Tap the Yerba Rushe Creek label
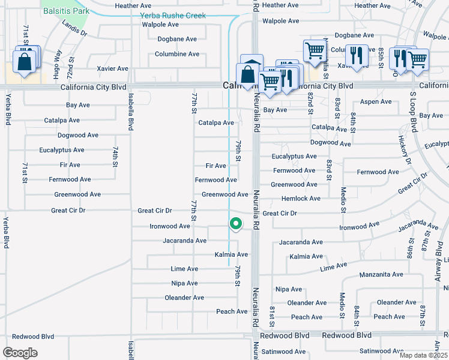pos(173,16)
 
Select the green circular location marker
pos(236,224)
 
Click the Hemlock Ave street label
pos(301,199)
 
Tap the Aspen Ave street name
pos(376,102)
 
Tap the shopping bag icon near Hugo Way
pos(24,62)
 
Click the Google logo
pos(20,353)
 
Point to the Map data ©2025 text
pos(424,355)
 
